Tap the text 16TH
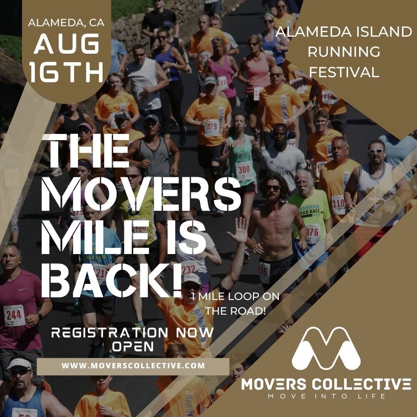(x=66, y=72)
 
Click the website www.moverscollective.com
(x=133, y=365)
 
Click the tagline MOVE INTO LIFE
(x=326, y=397)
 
